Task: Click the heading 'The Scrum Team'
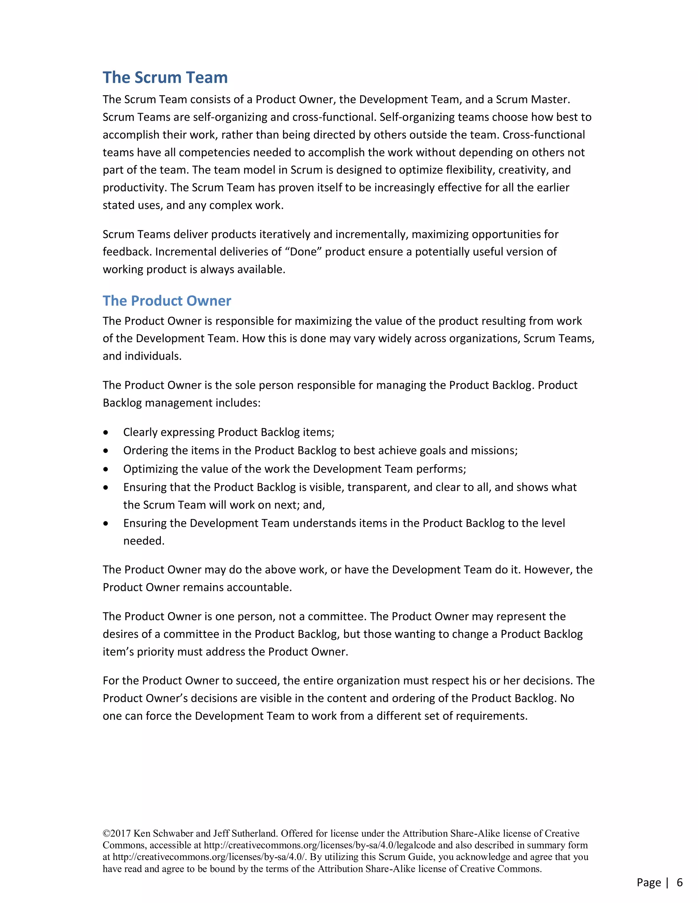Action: click(165, 77)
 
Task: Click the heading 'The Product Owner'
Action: click(167, 301)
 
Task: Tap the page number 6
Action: click(679, 882)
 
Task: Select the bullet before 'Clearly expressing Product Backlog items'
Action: click(106, 432)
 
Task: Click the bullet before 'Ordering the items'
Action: click(106, 451)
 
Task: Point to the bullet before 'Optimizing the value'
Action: click(106, 469)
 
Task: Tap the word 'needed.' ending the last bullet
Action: click(144, 541)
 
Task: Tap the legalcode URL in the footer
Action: click(320, 845)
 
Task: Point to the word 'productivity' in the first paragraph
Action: click(135, 188)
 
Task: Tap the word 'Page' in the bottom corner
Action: click(648, 882)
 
